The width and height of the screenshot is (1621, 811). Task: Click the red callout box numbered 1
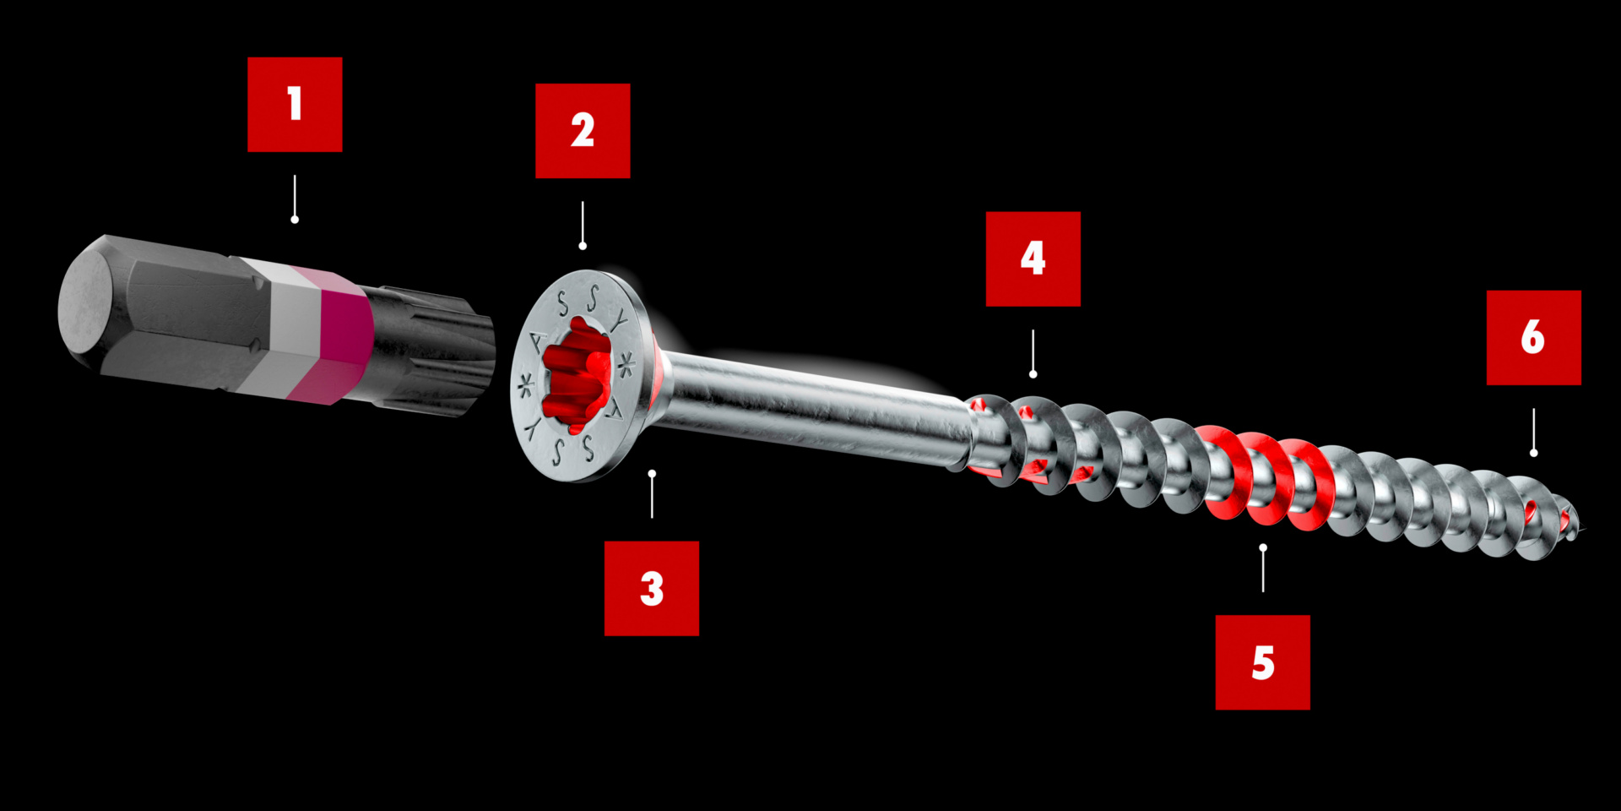point(295,105)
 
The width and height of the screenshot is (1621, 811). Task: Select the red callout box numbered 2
point(583,131)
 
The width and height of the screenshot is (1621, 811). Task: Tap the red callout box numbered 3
point(651,588)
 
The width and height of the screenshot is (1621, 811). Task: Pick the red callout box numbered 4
point(1033,259)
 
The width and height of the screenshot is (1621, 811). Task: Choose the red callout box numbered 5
point(1262,662)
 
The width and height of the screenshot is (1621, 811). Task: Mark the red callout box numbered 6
point(1533,337)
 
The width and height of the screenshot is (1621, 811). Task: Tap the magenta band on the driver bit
point(338,334)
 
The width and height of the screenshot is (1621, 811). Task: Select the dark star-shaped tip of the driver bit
point(439,351)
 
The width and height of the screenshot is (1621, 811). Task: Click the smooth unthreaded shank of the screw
point(810,405)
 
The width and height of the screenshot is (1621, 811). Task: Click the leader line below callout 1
point(295,196)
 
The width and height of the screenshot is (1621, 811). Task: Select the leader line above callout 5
point(1263,570)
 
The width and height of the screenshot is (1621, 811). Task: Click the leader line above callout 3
point(652,497)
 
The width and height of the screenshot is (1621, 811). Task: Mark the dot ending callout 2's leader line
point(583,246)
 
